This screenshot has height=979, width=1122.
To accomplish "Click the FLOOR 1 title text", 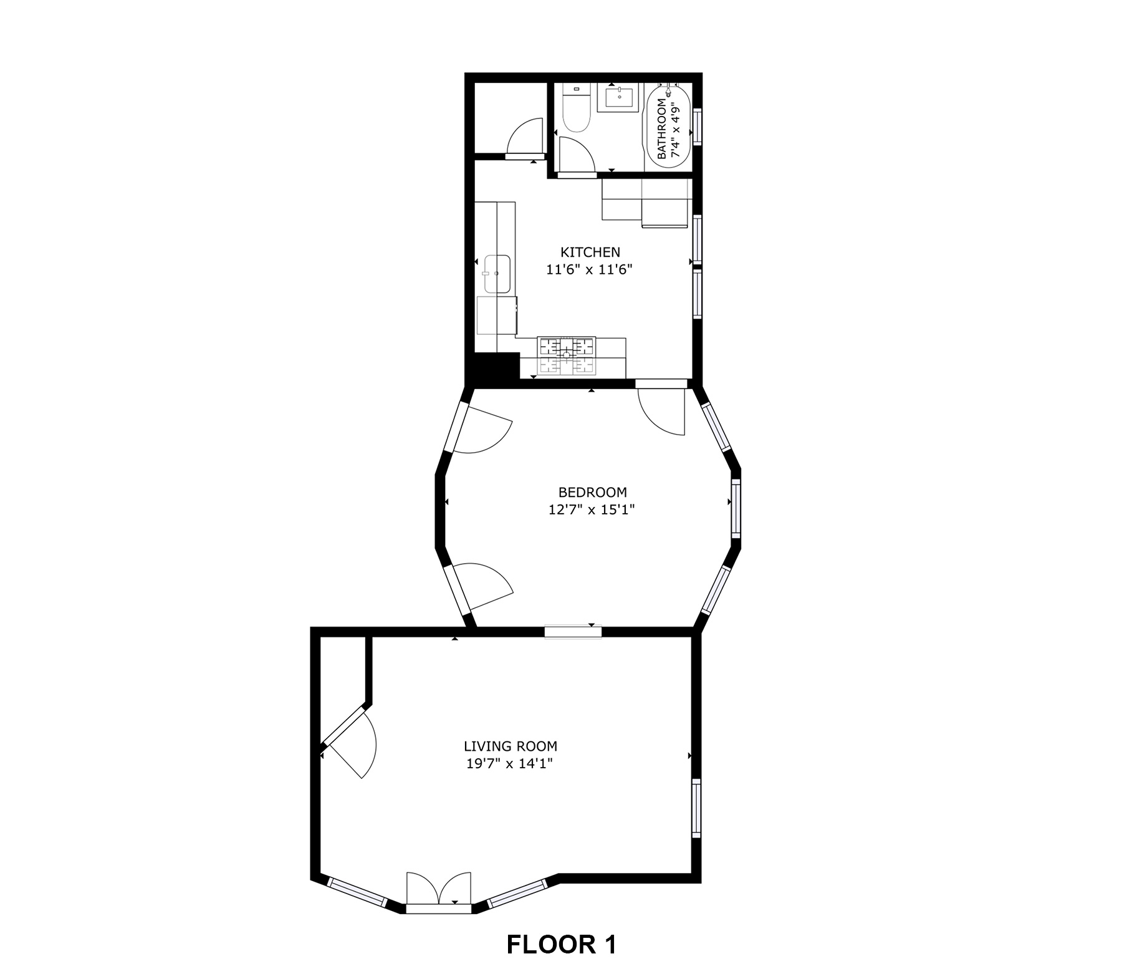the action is [561, 944].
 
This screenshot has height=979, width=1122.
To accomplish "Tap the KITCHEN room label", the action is [590, 253].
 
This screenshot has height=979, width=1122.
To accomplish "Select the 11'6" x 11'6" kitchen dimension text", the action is [590, 270].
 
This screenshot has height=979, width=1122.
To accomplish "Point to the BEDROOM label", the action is [592, 493].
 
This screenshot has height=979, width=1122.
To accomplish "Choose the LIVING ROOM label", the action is [511, 746].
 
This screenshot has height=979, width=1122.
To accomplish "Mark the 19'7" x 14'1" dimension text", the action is [510, 763].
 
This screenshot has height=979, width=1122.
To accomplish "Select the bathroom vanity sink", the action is [619, 98].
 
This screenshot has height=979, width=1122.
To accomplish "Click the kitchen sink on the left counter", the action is [497, 274].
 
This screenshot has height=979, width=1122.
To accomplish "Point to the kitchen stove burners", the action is [567, 357].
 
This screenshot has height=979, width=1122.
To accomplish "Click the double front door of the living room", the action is [439, 892].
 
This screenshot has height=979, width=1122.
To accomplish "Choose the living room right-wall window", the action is [696, 808].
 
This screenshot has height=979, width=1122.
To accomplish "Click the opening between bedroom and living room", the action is [573, 632].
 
